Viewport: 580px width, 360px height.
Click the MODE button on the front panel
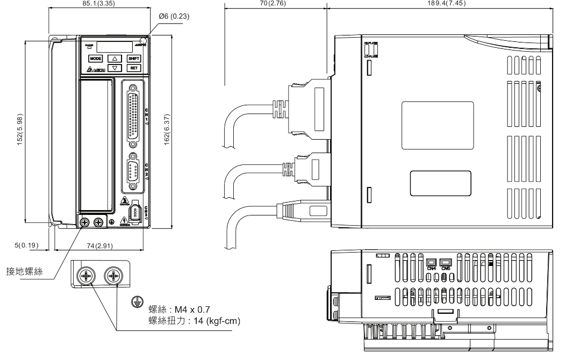click(x=95, y=58)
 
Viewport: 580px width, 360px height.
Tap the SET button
click(x=134, y=68)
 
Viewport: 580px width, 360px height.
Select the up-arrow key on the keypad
click(x=114, y=58)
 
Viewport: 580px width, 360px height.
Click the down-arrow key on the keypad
click(x=114, y=68)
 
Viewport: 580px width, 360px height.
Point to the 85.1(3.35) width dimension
click(x=98, y=4)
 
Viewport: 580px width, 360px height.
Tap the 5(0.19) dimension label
click(x=24, y=246)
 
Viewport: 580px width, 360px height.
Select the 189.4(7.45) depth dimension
click(x=447, y=4)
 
